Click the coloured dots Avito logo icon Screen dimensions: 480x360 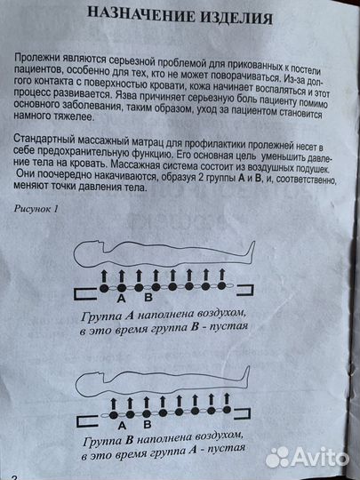tap(277, 456)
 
